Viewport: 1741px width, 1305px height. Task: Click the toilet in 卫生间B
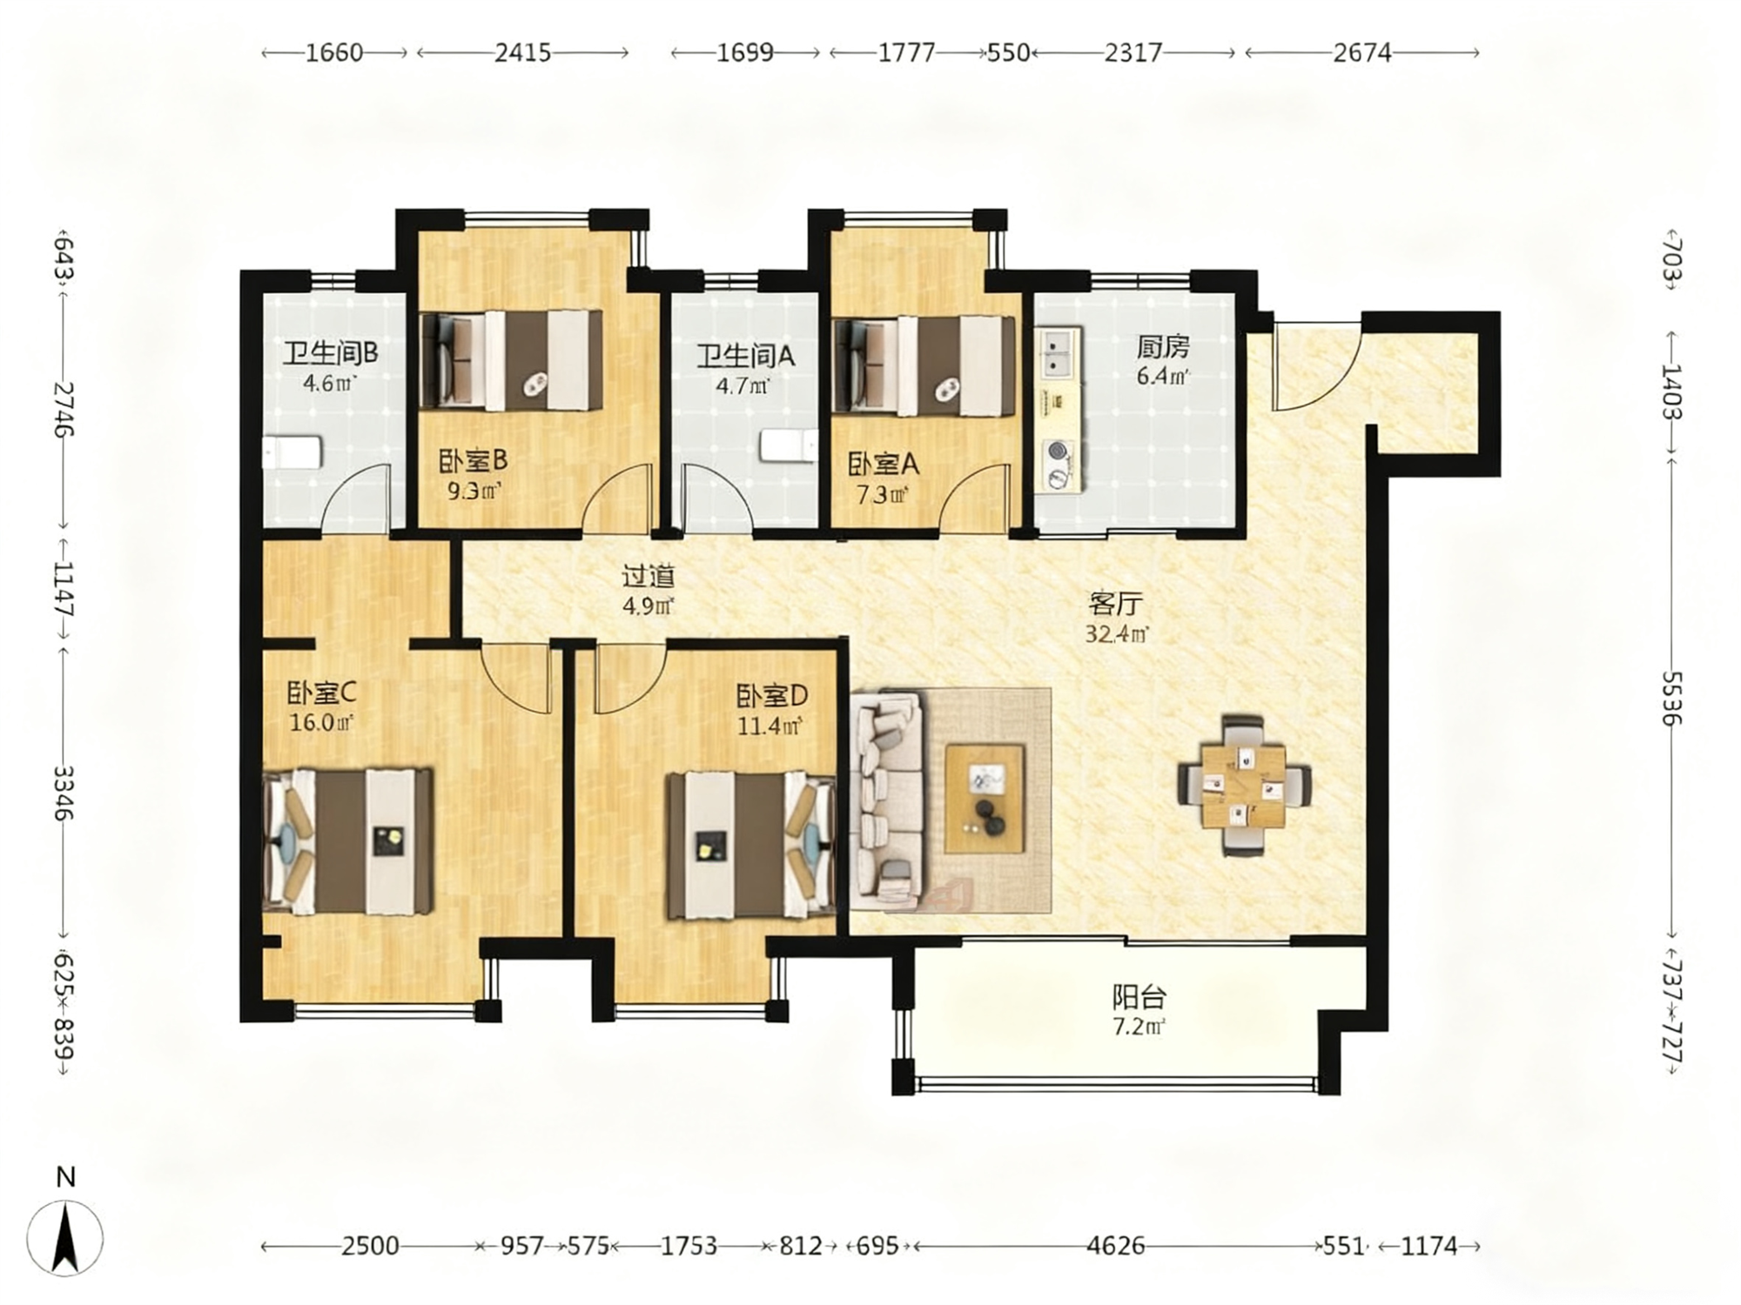pos(293,452)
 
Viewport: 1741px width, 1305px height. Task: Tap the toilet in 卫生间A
pos(789,446)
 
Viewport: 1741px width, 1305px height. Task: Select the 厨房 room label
pos(1163,347)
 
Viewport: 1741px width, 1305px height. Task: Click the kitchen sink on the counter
pos(1059,352)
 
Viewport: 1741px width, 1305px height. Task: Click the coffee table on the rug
pos(985,799)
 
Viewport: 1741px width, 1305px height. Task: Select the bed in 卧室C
pos(349,840)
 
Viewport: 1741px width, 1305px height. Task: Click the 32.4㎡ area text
pos(1116,633)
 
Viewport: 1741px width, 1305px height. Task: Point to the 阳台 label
pos(1139,996)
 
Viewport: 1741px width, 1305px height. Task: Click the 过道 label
pos(649,576)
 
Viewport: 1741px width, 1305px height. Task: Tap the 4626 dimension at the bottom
pos(1116,1246)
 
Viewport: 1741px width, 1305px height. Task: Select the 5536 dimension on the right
pos(1672,698)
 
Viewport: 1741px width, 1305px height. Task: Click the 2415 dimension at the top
pos(522,53)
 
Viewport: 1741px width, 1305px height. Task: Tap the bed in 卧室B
pos(511,360)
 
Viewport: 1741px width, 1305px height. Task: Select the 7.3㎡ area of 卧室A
pos(883,495)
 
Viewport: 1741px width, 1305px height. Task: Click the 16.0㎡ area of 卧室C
pos(321,722)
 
